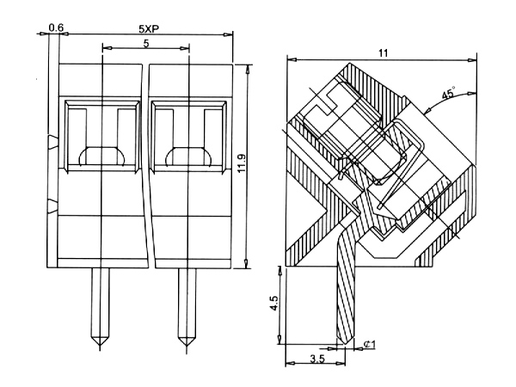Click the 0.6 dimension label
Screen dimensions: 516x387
click(56, 28)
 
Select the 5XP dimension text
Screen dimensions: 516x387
click(149, 29)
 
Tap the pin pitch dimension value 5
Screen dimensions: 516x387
click(146, 44)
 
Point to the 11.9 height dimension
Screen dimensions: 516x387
click(241, 163)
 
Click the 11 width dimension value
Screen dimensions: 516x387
click(383, 53)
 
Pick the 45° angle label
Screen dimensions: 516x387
click(448, 93)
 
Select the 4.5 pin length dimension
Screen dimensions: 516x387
click(274, 303)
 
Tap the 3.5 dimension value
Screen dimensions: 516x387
click(317, 359)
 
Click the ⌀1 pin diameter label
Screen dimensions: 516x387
click(369, 345)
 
